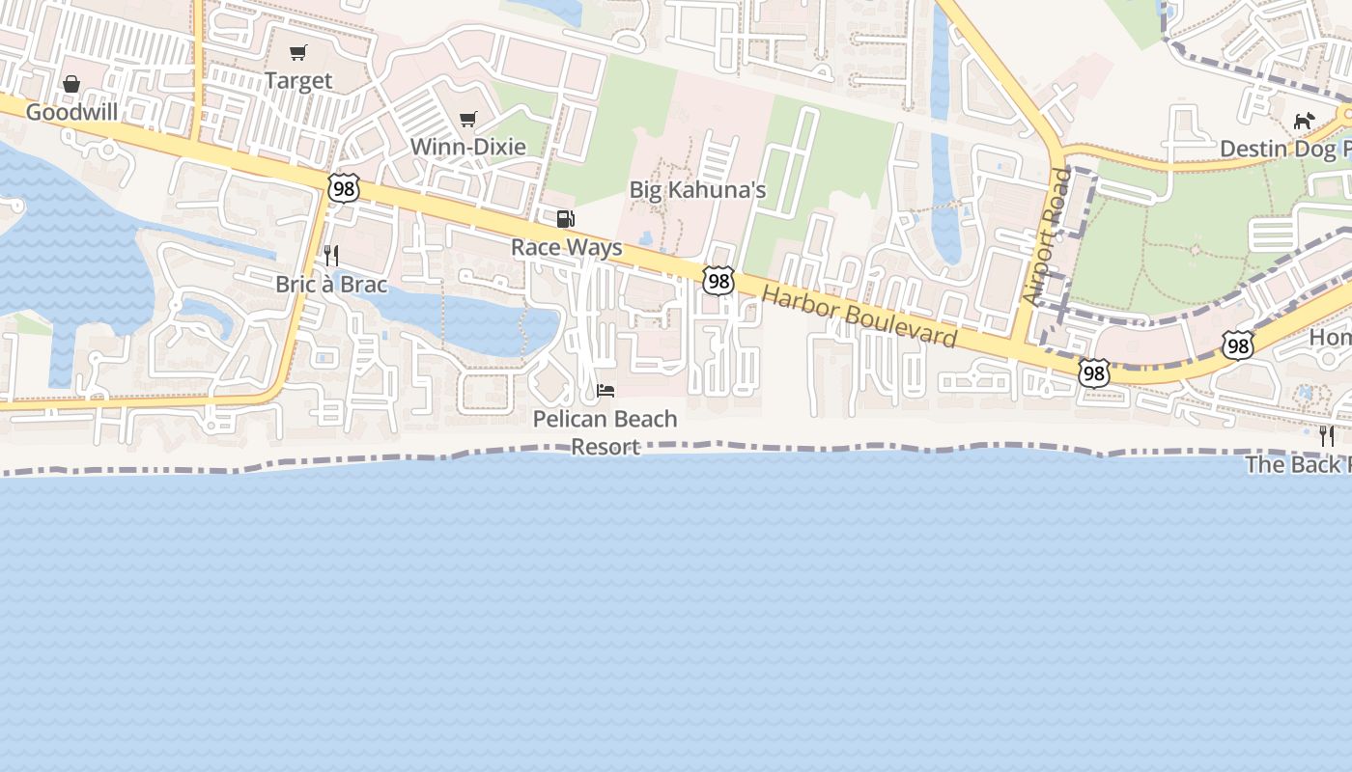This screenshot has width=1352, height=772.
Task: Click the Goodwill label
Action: pyautogui.click(x=71, y=112)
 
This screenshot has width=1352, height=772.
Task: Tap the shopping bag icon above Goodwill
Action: pyautogui.click(x=71, y=85)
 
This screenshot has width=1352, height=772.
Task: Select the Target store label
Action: pyautogui.click(x=298, y=81)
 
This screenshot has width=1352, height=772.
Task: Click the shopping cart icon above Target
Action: pyautogui.click(x=298, y=53)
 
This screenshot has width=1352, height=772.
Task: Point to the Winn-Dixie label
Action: pyautogui.click(x=468, y=147)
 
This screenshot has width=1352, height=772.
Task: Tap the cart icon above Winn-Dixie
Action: pyautogui.click(x=468, y=119)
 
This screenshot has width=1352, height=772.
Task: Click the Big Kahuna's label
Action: pyautogui.click(x=697, y=189)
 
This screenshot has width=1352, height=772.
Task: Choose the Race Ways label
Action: pyautogui.click(x=567, y=247)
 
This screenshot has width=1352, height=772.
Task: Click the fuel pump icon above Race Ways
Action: pyautogui.click(x=566, y=219)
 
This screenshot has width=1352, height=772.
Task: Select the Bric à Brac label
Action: pyautogui.click(x=331, y=284)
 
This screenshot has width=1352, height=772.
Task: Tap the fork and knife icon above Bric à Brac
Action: pyautogui.click(x=331, y=256)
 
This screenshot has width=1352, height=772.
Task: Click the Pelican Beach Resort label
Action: pyautogui.click(x=606, y=432)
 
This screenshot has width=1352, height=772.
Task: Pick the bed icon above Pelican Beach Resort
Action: pyautogui.click(x=606, y=391)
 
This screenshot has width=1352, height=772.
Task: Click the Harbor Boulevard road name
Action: pyautogui.click(x=859, y=316)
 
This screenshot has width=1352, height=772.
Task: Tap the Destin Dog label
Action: pyautogui.click(x=1284, y=149)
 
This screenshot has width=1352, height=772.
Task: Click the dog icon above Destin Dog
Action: pyautogui.click(x=1305, y=121)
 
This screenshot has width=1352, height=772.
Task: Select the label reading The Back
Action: pyautogui.click(x=1297, y=464)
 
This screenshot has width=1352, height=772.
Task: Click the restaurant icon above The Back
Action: pyautogui.click(x=1327, y=436)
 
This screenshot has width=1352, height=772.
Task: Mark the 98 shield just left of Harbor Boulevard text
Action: pyautogui.click(x=718, y=281)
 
